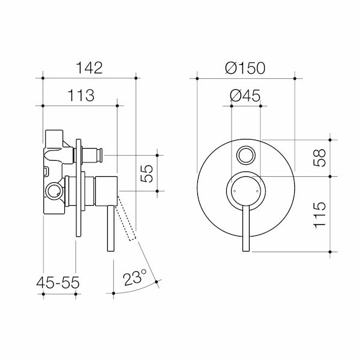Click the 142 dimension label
tap(90, 67)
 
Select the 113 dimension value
tap(80, 95)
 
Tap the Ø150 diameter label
tap(245, 67)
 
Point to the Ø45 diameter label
tap(245, 95)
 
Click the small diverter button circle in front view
tap(245, 155)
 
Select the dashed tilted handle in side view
tap(128, 220)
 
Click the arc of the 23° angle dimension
tap(135, 291)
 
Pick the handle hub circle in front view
tap(245, 190)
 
